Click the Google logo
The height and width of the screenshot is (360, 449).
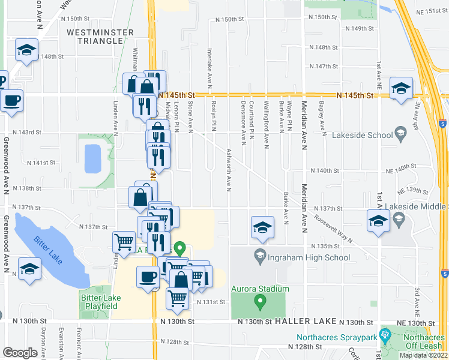(20, 352)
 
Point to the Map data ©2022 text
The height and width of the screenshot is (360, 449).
(424, 355)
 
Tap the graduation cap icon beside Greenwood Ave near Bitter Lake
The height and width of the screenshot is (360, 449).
(29, 269)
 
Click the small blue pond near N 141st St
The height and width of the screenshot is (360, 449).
(93, 158)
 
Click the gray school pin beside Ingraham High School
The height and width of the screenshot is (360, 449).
(260, 254)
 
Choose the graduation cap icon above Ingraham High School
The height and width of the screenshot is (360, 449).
(262, 227)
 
